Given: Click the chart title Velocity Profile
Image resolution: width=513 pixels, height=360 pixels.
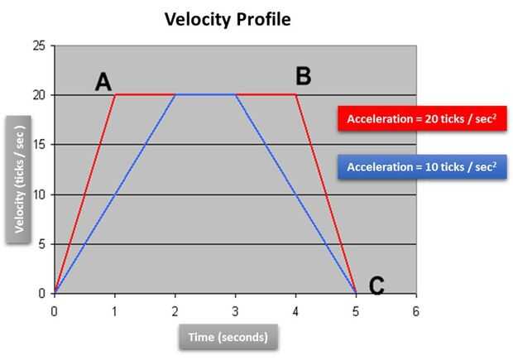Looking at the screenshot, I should click(x=228, y=18).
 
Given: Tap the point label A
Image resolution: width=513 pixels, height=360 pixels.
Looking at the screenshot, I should click(x=103, y=81).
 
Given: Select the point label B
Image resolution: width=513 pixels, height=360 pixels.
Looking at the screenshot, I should click(x=303, y=77).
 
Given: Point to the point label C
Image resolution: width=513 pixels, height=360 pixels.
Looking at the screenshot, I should click(x=376, y=286).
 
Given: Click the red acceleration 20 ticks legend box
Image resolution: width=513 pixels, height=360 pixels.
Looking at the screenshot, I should click(x=421, y=118).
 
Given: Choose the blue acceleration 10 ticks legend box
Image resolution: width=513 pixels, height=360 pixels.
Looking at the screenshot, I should click(x=421, y=167).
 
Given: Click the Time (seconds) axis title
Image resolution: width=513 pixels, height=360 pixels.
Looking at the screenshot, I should click(x=228, y=337).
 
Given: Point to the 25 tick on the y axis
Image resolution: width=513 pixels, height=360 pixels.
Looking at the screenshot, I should click(x=39, y=46).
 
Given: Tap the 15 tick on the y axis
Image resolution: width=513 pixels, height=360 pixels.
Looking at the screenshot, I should click(x=39, y=145).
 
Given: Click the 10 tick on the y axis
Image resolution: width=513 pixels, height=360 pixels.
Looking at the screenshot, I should click(x=39, y=194).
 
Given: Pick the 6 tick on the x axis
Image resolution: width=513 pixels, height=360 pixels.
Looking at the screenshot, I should click(x=416, y=310).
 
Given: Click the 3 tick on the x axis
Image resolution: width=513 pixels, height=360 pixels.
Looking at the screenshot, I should click(x=236, y=310).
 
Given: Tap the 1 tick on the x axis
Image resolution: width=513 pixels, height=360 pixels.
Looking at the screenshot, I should click(x=115, y=310).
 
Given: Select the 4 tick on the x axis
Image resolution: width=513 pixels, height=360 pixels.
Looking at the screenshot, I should click(x=296, y=310).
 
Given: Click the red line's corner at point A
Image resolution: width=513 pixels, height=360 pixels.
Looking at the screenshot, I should click(x=115, y=95).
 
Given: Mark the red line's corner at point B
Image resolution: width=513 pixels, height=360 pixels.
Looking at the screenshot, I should click(x=296, y=95).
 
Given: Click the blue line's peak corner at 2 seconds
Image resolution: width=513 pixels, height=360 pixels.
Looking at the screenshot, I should click(x=175, y=95).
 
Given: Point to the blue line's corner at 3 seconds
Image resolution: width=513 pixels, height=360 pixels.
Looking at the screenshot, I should click(x=236, y=95).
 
